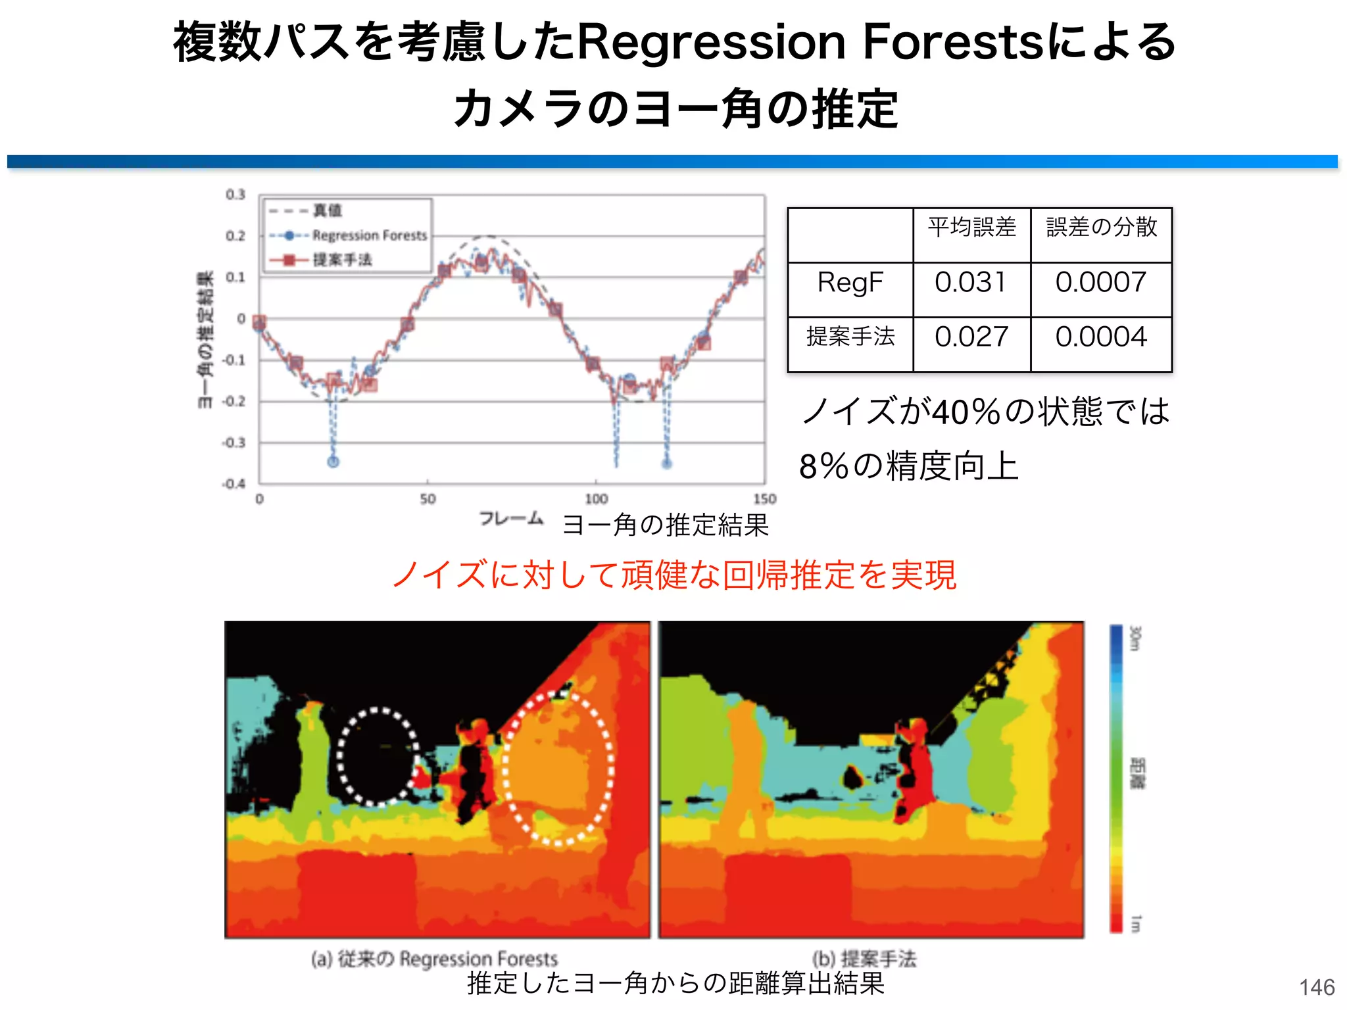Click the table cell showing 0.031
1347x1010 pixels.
coord(971,283)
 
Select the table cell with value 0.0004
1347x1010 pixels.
coord(1101,337)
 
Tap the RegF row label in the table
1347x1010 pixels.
coord(850,283)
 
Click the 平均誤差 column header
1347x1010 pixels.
coord(971,228)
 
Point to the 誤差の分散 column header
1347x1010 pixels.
coord(1101,228)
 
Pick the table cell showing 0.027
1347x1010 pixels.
coord(971,337)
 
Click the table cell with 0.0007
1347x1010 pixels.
coord(1101,283)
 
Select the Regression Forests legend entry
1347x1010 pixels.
coord(369,235)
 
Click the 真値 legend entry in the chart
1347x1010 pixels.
coord(327,210)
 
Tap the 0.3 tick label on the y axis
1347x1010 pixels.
coord(235,195)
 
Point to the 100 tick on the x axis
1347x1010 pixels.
coord(596,499)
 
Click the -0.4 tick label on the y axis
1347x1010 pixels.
coord(233,484)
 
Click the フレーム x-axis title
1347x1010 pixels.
coord(511,519)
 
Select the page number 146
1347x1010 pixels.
coord(1317,987)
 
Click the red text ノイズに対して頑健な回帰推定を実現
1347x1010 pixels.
coord(673,575)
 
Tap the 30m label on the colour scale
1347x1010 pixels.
coord(1135,638)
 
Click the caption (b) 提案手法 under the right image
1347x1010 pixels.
coord(864,959)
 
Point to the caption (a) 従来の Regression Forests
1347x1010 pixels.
coord(434,959)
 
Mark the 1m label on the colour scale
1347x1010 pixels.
coord(1135,923)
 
